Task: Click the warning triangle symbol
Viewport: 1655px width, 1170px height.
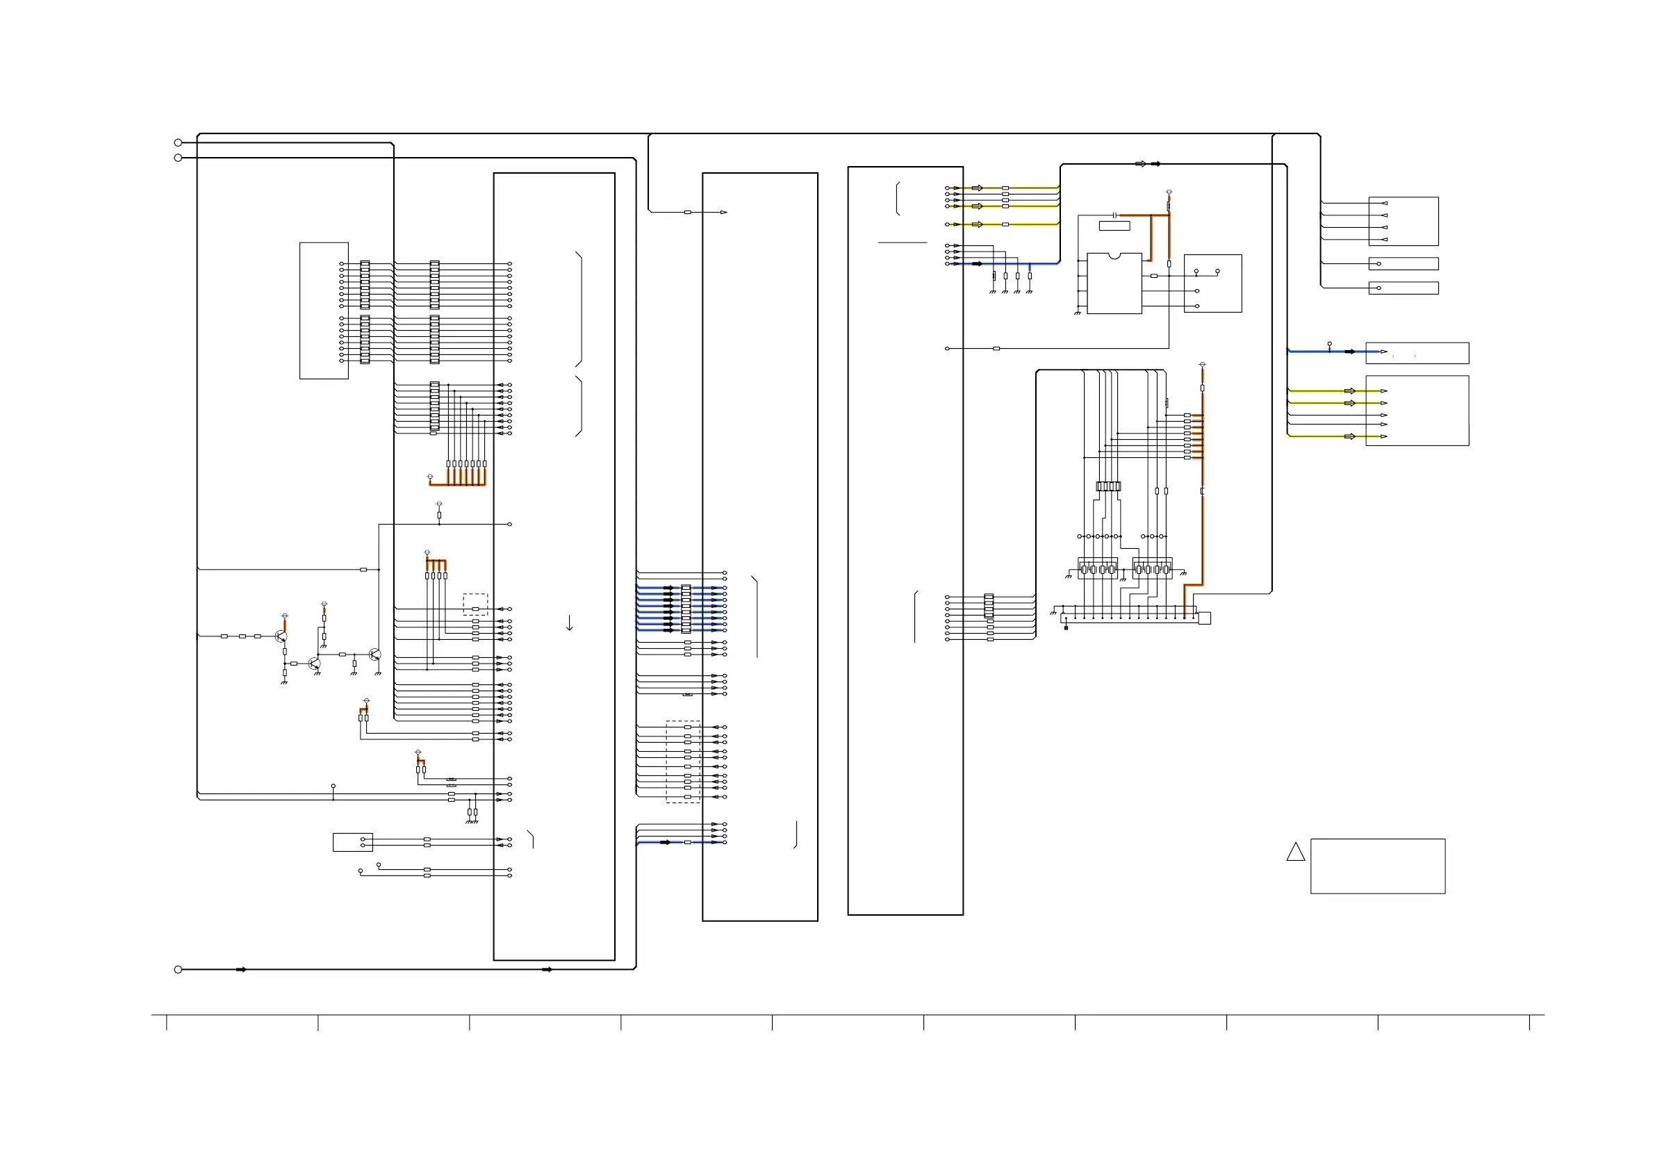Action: pyautogui.click(x=1295, y=852)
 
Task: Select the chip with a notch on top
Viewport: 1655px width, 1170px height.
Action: pyautogui.click(x=1114, y=283)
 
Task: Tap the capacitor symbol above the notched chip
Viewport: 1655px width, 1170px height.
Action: pyautogui.click(x=1114, y=215)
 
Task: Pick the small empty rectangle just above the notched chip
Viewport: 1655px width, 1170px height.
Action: pyautogui.click(x=1114, y=226)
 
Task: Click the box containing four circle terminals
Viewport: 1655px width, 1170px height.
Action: pyautogui.click(x=1212, y=283)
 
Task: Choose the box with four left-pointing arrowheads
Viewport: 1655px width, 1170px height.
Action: pyautogui.click(x=1403, y=222)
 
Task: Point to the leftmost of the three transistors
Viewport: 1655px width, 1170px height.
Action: pyautogui.click(x=281, y=636)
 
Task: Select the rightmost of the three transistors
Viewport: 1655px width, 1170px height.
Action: pyautogui.click(x=374, y=654)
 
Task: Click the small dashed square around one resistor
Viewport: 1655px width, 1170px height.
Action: pyautogui.click(x=475, y=603)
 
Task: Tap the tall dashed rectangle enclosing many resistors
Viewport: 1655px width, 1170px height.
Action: pyautogui.click(x=682, y=761)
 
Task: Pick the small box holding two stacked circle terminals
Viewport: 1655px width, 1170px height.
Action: pyautogui.click(x=352, y=842)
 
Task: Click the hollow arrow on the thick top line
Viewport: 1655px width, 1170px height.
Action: pyautogui.click(x=1140, y=164)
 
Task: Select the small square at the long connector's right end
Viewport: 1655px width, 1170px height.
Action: pyautogui.click(x=1205, y=618)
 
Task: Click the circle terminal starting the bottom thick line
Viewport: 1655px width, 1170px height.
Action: pyautogui.click(x=178, y=970)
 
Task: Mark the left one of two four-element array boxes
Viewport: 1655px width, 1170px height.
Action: pyautogui.click(x=1097, y=569)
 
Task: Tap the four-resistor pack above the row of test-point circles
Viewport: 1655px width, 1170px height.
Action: pyautogui.click(x=1108, y=486)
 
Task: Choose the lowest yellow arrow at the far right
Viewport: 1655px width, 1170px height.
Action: pyautogui.click(x=1350, y=436)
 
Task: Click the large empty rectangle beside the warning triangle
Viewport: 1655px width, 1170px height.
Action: pyautogui.click(x=1378, y=866)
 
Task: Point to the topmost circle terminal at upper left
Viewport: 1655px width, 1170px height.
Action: pyautogui.click(x=178, y=142)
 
